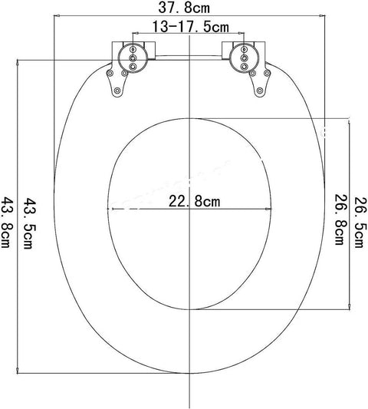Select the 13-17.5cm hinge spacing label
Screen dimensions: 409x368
pos(189,27)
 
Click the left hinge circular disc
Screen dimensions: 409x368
pos(133,57)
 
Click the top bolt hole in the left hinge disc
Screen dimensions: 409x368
pos(133,48)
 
